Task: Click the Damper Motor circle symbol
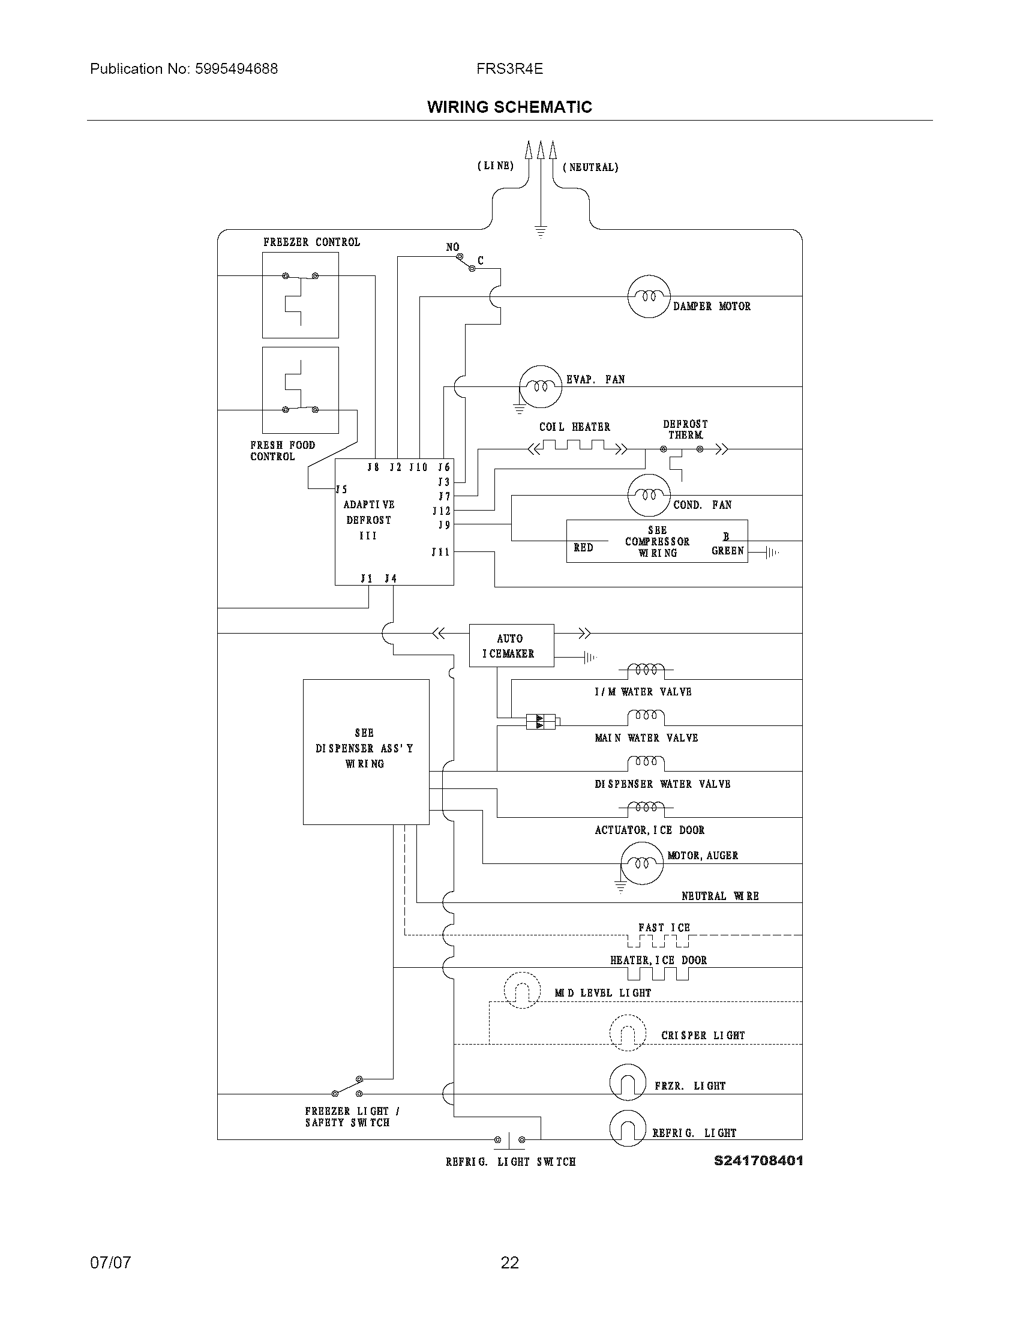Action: click(x=649, y=296)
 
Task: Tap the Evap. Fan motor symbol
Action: click(x=540, y=387)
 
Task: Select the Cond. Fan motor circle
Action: click(x=649, y=495)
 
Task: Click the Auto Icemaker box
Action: click(x=511, y=646)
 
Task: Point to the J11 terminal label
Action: click(x=440, y=552)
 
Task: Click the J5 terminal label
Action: click(x=342, y=490)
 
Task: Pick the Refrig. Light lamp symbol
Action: click(x=627, y=1128)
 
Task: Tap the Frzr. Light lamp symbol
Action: click(x=627, y=1082)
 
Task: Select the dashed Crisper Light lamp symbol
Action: click(x=627, y=1033)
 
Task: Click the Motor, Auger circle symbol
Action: click(x=642, y=863)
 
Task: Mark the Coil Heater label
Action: click(x=575, y=427)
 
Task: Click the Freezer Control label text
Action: click(x=311, y=242)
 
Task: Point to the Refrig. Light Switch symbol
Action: click(x=509, y=1139)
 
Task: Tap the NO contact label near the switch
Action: click(x=452, y=247)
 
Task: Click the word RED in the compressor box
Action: click(x=583, y=548)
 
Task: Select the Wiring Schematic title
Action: click(x=509, y=107)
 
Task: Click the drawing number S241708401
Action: click(x=758, y=1160)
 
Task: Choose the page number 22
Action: click(x=509, y=1262)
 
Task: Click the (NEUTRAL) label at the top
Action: click(x=590, y=167)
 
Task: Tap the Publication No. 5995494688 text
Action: click(x=184, y=69)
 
